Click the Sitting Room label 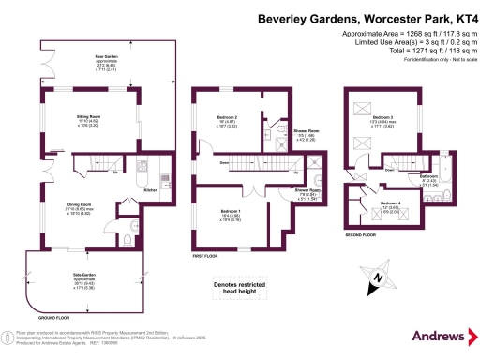click(88, 119)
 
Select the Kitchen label click(150, 189)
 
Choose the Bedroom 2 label click(228, 118)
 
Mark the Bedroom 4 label click(390, 203)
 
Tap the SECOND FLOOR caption click(361, 234)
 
